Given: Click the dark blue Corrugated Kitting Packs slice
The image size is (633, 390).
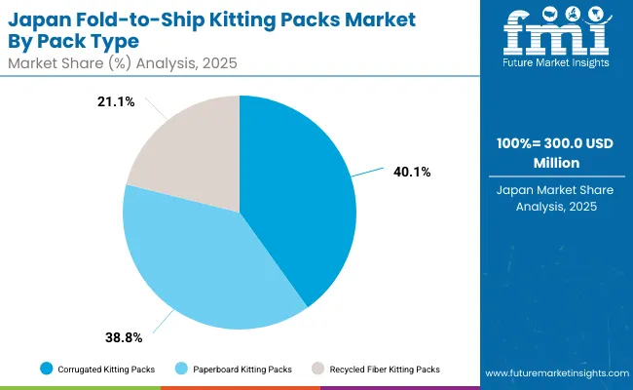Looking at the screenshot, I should click(297, 195).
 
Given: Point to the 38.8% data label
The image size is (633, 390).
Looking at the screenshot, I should click(125, 337).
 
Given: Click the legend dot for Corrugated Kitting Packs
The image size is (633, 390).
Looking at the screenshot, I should click(46, 370).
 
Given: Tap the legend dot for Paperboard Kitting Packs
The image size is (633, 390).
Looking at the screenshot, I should click(182, 370).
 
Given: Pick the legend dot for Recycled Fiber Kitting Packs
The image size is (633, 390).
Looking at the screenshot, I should click(317, 370).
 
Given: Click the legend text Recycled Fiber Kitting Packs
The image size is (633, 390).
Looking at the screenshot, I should click(385, 370).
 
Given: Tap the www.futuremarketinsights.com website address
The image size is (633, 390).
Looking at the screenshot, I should click(552, 373).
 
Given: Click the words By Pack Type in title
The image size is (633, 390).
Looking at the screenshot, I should click(77, 41).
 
